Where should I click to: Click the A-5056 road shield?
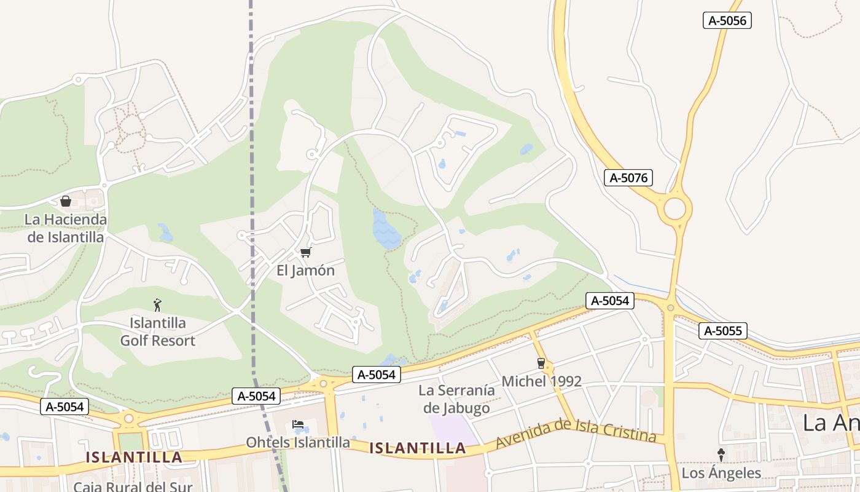pos(727,20)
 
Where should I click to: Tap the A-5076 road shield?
pos(628,178)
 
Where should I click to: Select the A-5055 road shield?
pos(722,331)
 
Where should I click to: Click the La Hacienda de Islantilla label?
pos(66,228)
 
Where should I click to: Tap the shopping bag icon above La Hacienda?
pos(66,201)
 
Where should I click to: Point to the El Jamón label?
pos(305,271)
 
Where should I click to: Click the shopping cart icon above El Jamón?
pos(305,252)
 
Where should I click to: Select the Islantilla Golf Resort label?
pos(157,331)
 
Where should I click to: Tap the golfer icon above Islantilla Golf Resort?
pos(157,304)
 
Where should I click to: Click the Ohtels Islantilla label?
pos(298,442)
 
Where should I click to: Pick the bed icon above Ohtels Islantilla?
pos(298,424)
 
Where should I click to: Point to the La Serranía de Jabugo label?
pos(456,399)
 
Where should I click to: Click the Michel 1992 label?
pos(541,381)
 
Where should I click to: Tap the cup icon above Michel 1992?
pos(541,363)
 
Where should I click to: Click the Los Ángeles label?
pos(721,473)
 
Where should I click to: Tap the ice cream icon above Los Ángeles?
pos(721,454)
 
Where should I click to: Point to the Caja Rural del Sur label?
pos(133,486)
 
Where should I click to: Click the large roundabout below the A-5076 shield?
pos(674,208)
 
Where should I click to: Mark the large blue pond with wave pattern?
pos(386,229)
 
